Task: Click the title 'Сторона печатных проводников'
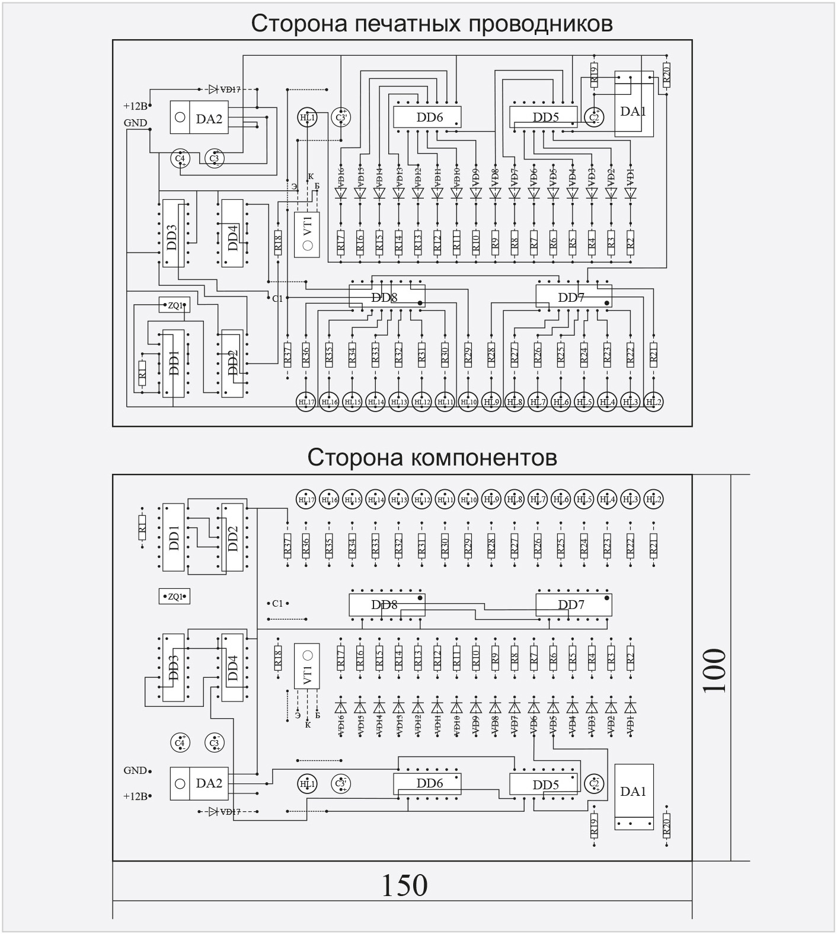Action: [x=432, y=24]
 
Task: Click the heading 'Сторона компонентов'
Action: [x=432, y=457]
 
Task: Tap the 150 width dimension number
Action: [x=404, y=885]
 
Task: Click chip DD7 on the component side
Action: [x=572, y=605]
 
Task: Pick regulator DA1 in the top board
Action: [x=633, y=111]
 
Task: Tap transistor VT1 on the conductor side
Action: [x=307, y=234]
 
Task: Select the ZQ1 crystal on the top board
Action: [x=175, y=305]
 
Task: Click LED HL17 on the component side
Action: [x=306, y=499]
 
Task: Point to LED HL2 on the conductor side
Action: [x=653, y=402]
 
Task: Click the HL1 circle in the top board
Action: [x=307, y=117]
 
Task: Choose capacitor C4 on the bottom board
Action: [x=180, y=743]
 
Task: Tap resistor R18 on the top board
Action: [x=277, y=243]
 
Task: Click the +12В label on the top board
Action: [x=135, y=106]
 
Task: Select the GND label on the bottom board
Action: [x=135, y=770]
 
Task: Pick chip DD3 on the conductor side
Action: [x=172, y=236]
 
